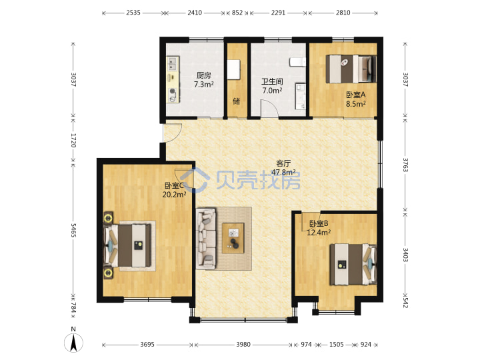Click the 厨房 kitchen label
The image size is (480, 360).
[203, 75]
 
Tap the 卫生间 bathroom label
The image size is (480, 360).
[272, 82]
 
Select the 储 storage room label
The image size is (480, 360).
[236, 101]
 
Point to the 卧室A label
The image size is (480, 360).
[356, 95]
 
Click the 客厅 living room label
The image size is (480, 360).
[283, 163]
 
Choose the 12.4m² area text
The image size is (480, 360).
[319, 233]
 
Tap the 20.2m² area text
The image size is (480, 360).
[174, 195]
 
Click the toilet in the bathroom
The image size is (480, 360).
[297, 62]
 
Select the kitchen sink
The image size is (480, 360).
[173, 63]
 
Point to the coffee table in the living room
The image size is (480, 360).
[233, 238]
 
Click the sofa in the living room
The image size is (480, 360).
[205, 239]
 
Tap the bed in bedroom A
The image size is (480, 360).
[351, 69]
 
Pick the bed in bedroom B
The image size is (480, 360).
[353, 264]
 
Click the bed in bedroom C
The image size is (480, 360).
[127, 245]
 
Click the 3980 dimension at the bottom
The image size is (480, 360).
[243, 345]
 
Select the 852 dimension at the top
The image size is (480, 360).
[237, 13]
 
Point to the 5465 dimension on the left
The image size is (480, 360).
[73, 230]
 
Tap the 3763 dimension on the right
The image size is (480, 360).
[405, 165]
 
